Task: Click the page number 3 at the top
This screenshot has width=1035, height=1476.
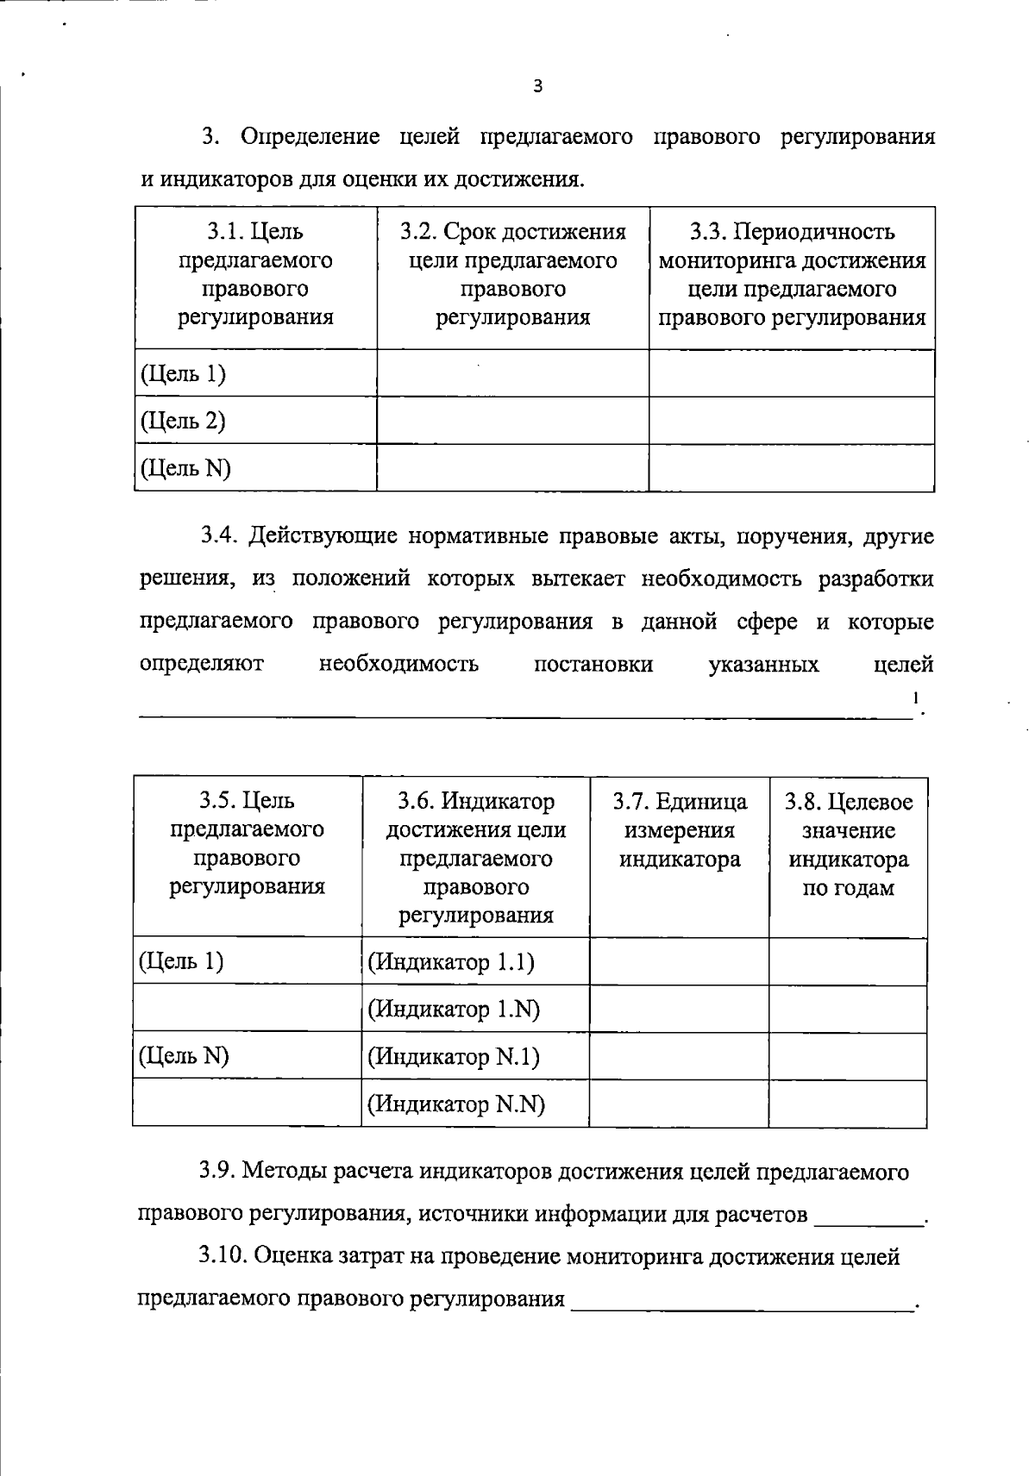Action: [538, 85]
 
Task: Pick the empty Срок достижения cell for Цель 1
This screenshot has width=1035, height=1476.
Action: [512, 373]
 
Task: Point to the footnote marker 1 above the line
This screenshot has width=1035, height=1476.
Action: [916, 697]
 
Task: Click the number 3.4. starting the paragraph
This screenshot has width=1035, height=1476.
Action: [219, 536]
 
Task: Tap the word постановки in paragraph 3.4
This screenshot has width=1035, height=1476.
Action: [593, 665]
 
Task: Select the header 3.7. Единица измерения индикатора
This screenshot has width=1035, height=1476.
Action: [680, 830]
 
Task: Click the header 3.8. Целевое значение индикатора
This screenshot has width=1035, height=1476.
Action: [848, 845]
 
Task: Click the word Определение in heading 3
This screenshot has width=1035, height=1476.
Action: [310, 137]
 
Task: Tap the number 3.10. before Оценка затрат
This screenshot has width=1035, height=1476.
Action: [223, 1257]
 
